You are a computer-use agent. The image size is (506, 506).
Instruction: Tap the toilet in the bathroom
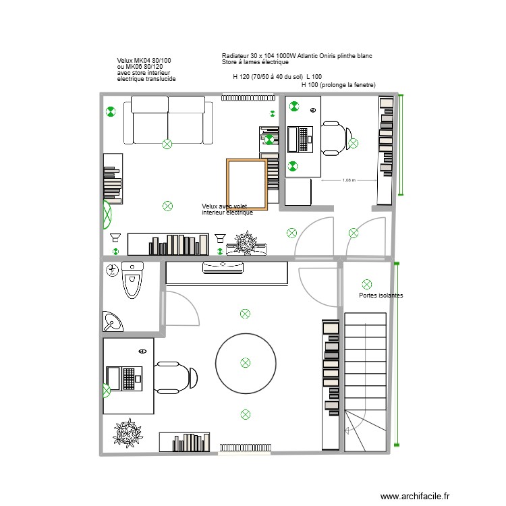(x=132, y=281)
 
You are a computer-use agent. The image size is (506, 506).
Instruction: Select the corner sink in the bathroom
(x=112, y=321)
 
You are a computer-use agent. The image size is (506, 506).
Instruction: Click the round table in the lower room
(x=246, y=363)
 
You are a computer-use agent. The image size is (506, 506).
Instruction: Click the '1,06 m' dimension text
(x=348, y=180)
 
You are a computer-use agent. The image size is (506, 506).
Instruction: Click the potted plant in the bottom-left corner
(x=127, y=433)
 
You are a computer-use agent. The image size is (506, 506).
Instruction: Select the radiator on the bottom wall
(x=246, y=448)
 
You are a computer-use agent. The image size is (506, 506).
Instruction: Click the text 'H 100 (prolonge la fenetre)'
(x=338, y=85)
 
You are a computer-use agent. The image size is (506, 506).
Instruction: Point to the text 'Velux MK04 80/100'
(x=144, y=61)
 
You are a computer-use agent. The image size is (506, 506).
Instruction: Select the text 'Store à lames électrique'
(x=255, y=62)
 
